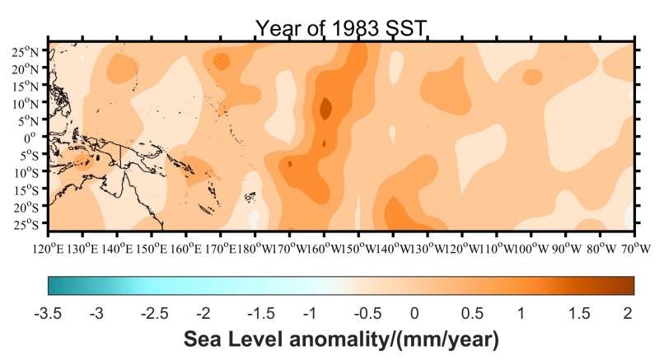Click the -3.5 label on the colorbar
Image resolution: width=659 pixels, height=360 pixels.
pyautogui.click(x=49, y=312)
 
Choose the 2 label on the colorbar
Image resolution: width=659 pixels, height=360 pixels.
pyautogui.click(x=628, y=312)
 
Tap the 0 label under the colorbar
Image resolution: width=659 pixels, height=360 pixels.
pyautogui.click(x=414, y=312)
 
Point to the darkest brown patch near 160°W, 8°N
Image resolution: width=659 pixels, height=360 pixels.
pyautogui.click(x=325, y=108)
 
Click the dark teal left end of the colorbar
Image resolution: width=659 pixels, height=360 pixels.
pyautogui.click(x=54, y=285)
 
